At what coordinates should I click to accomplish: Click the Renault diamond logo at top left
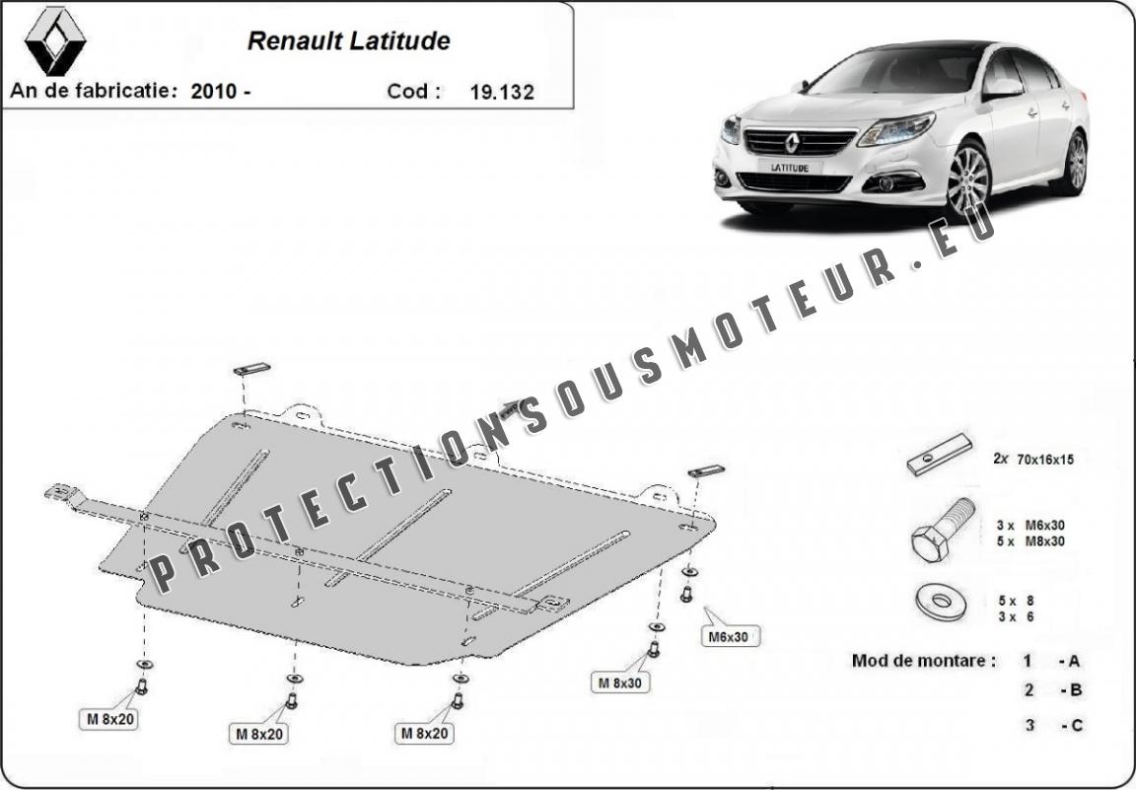[x=55, y=41]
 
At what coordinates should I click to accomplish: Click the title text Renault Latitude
[x=348, y=41]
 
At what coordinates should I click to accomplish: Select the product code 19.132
[x=502, y=92]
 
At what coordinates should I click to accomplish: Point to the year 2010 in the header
[x=214, y=92]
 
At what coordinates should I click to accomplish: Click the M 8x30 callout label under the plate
[x=620, y=682]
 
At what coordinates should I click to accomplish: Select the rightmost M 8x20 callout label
[x=425, y=733]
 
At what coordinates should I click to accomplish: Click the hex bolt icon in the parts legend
[x=941, y=530]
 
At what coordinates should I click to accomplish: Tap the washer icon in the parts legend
[x=941, y=602]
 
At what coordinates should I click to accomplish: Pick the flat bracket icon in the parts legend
[x=939, y=455]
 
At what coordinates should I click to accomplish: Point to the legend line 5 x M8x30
[x=1030, y=540]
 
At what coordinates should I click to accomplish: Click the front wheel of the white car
[x=967, y=180]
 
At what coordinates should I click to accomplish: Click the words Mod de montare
[x=922, y=660]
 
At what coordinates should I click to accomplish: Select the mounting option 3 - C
[x=1053, y=724]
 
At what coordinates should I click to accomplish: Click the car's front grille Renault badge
[x=793, y=142]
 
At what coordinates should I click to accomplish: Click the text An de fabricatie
[x=94, y=91]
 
